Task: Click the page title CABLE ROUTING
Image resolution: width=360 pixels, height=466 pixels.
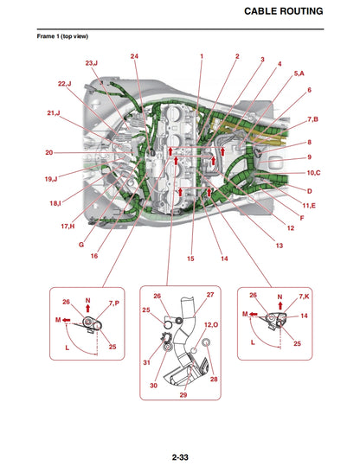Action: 284,11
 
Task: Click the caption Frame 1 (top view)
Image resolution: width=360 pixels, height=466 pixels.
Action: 62,37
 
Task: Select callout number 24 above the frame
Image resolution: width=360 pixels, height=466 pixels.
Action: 134,56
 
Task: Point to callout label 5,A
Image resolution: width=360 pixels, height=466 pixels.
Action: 299,73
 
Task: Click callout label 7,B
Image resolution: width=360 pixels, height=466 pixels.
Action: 312,118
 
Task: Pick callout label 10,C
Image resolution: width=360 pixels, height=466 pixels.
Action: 312,173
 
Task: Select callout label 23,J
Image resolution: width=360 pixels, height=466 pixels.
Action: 91,63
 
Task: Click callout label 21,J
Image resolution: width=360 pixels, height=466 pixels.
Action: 54,113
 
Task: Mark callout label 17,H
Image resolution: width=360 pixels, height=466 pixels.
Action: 67,226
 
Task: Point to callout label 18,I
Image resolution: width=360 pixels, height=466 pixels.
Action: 55,202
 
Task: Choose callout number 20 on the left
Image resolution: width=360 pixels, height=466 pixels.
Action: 49,153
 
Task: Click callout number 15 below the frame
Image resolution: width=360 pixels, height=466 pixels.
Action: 190,259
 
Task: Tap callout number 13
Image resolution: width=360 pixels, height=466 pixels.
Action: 279,246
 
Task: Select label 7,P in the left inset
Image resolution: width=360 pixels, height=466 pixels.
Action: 114,303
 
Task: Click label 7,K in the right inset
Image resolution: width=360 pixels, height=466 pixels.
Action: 304,297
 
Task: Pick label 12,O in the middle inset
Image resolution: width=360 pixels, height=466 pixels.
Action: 210,324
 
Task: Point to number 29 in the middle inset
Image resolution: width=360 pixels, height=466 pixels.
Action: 183,394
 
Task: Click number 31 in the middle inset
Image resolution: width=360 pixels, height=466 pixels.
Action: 146,362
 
